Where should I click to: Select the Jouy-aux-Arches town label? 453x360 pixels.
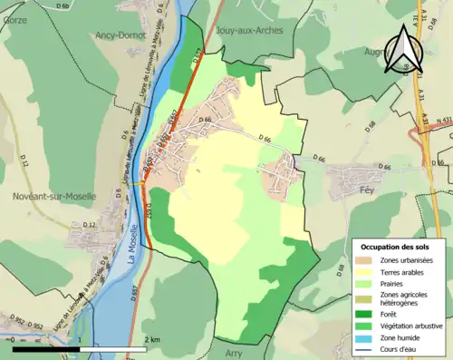(251, 30)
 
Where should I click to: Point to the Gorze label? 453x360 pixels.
(14, 18)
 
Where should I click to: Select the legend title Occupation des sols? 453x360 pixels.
(396, 246)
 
